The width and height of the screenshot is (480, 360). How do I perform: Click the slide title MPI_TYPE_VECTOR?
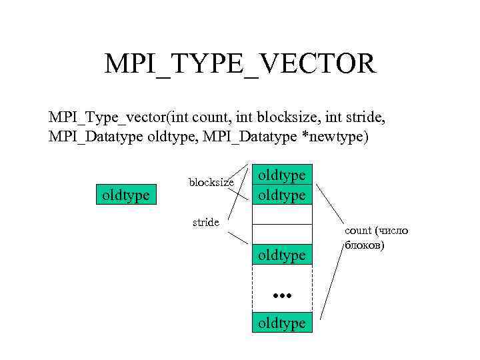pyautogui.click(x=240, y=65)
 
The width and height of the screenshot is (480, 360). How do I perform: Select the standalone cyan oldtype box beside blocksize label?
pyautogui.click(x=127, y=195)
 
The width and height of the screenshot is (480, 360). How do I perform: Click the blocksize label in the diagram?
pyautogui.click(x=211, y=181)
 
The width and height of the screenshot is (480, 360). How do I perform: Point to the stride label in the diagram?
pyautogui.click(x=205, y=222)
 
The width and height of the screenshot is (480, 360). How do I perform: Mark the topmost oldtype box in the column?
pyautogui.click(x=283, y=175)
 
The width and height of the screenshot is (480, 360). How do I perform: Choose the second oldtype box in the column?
pyautogui.click(x=283, y=195)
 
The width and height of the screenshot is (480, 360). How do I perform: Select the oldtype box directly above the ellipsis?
pyautogui.click(x=283, y=255)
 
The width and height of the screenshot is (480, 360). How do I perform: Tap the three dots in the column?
pyautogui.click(x=283, y=293)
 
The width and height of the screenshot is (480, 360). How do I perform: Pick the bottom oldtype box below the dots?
pyautogui.click(x=283, y=323)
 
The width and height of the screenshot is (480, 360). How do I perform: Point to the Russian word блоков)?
pyautogui.click(x=365, y=245)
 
